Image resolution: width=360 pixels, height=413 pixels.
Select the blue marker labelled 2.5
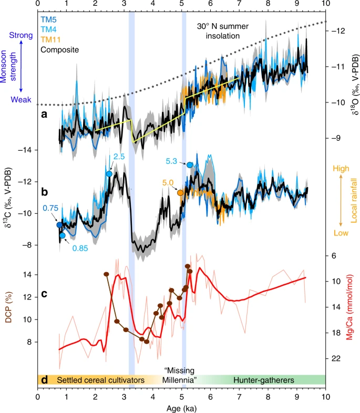pyautogui.click(x=109, y=174)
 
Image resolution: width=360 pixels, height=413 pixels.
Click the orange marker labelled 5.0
pyautogui.click(x=180, y=193)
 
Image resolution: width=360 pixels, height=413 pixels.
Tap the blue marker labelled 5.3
pyautogui.click(x=190, y=165)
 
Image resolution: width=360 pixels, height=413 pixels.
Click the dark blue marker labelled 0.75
pyautogui.click(x=60, y=225)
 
